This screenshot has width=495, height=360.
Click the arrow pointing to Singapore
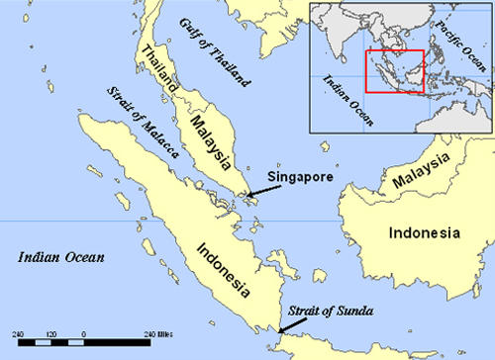tap(261, 188)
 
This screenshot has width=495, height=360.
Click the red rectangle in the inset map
tap(395, 71)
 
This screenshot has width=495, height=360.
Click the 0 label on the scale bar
tap(83, 333)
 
